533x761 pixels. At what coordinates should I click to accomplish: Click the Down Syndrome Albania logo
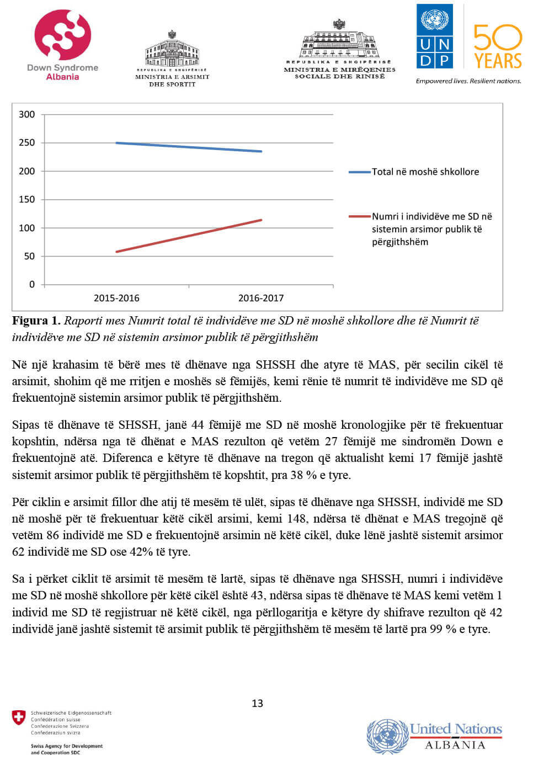[62, 44]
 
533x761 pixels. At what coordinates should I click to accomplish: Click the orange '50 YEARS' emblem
[497, 46]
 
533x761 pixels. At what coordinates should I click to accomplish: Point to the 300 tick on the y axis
[26, 114]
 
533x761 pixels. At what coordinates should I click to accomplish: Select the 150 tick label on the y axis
[26, 199]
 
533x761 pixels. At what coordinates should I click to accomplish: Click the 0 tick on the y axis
[31, 284]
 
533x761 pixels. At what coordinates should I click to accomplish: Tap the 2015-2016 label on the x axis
[116, 298]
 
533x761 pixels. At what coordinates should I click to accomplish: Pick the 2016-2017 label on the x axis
[261, 298]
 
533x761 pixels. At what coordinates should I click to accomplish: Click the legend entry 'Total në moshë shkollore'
[425, 172]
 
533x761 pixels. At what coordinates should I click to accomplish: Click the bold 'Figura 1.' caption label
[36, 321]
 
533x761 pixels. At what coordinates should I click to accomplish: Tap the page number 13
[257, 703]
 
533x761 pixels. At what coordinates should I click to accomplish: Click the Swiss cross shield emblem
[19, 717]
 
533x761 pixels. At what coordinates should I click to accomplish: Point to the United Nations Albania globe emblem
[387, 736]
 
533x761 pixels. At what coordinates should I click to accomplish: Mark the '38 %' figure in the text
[305, 475]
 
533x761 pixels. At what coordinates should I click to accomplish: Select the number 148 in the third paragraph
[296, 519]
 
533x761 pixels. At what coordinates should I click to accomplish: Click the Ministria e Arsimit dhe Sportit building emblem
[172, 51]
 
